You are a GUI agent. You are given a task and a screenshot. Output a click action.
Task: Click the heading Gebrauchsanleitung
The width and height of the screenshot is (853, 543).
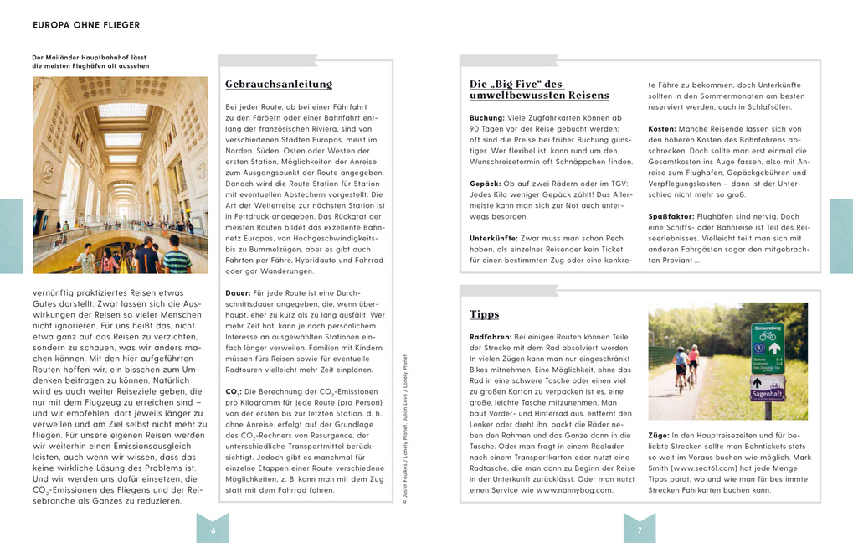279,85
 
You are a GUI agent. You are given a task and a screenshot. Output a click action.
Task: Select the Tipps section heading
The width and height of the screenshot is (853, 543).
484,314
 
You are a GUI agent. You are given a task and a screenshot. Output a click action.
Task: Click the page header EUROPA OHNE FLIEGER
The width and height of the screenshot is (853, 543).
86,25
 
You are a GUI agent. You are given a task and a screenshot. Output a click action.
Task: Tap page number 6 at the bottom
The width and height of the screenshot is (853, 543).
213,530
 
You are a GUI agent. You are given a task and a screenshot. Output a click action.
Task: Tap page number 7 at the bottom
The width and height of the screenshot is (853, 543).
640,530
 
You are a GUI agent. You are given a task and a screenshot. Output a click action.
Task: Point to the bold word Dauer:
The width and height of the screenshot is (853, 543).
238,293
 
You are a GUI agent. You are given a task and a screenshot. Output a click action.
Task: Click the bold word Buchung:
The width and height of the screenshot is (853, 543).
487,118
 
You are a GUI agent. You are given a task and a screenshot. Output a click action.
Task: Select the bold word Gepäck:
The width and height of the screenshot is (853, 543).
485,184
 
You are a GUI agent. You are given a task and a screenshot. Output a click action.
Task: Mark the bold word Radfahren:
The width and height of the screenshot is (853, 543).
491,336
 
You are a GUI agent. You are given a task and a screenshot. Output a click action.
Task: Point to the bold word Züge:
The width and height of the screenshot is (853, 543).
660,436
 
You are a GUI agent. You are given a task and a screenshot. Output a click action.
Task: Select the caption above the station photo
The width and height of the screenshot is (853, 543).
90,62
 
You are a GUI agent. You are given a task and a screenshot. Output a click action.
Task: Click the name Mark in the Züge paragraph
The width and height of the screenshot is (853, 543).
802,458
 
